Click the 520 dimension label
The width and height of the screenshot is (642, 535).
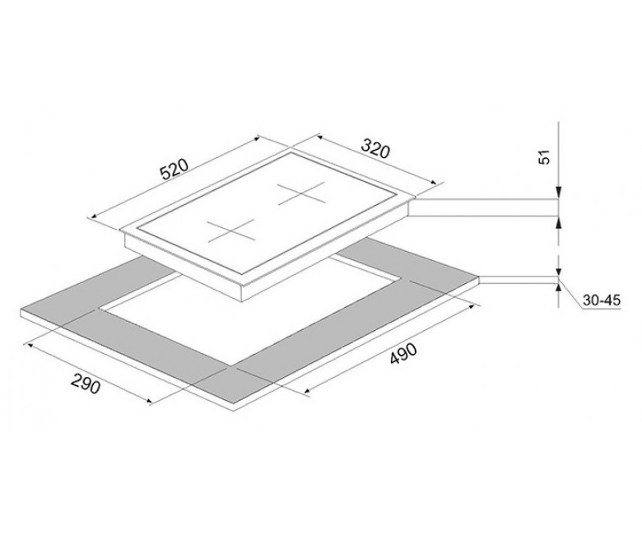click(x=174, y=169)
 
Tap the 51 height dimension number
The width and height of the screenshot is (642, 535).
click(x=544, y=157)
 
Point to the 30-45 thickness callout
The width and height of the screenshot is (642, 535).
click(x=602, y=300)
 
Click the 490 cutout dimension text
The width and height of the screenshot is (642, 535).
click(x=402, y=354)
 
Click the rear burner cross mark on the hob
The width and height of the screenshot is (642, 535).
click(x=302, y=193)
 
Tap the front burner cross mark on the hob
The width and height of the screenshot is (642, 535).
click(x=230, y=230)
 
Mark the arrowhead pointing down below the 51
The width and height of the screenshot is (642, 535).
click(x=559, y=193)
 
